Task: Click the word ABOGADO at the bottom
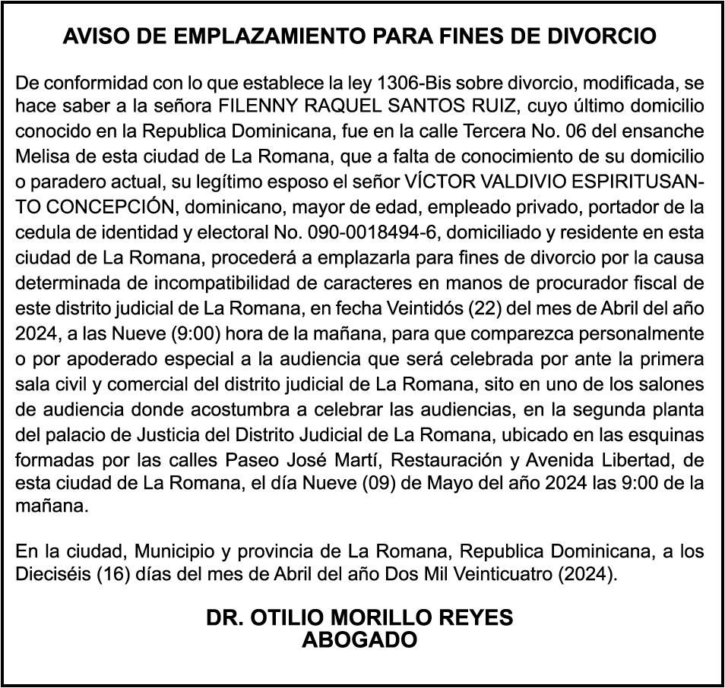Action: pyautogui.click(x=360, y=639)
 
